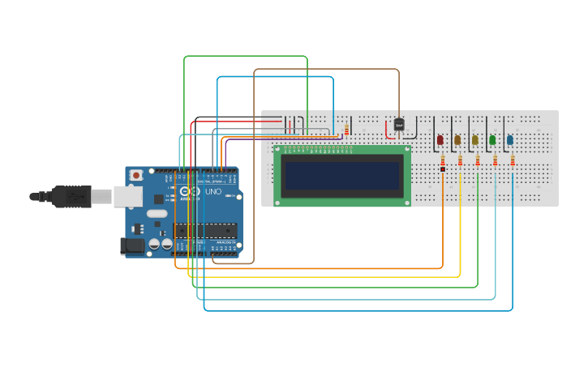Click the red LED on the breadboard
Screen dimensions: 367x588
coord(440,140)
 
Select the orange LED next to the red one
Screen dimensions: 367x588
coord(457,140)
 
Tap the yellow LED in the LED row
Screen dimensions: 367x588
coord(475,140)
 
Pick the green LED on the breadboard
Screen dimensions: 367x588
coord(492,140)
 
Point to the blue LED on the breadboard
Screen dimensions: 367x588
coord(510,140)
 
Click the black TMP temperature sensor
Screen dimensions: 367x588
coord(399,125)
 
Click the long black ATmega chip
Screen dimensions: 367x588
coord(205,232)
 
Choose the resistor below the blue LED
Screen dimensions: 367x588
coord(513,162)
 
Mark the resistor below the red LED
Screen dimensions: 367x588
coord(443,164)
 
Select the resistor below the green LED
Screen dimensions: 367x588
coord(495,162)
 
